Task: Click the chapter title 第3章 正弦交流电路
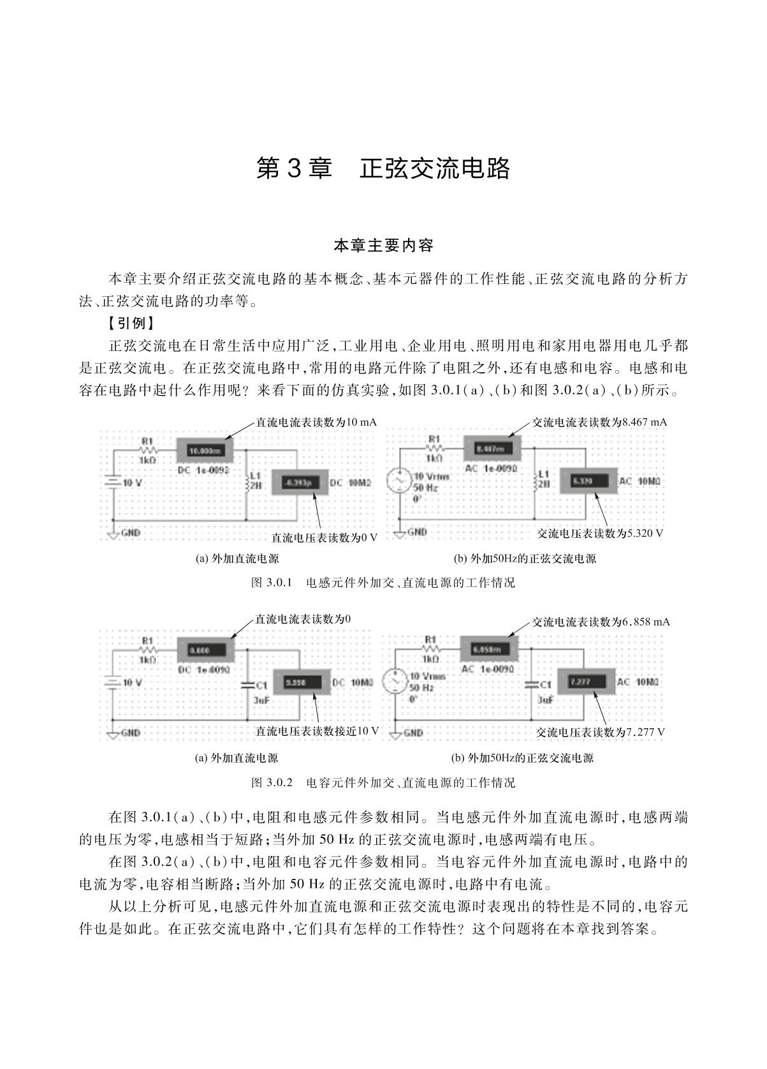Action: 383,168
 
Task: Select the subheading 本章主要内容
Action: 383,245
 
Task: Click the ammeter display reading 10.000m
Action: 204,451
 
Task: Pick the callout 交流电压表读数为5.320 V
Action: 599,534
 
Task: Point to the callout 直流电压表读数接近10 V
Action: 317,731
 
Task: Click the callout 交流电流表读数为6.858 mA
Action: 601,622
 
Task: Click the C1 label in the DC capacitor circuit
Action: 261,685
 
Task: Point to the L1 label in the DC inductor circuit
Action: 256,475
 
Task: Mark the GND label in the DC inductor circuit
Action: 130,533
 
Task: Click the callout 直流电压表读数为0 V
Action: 325,538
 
